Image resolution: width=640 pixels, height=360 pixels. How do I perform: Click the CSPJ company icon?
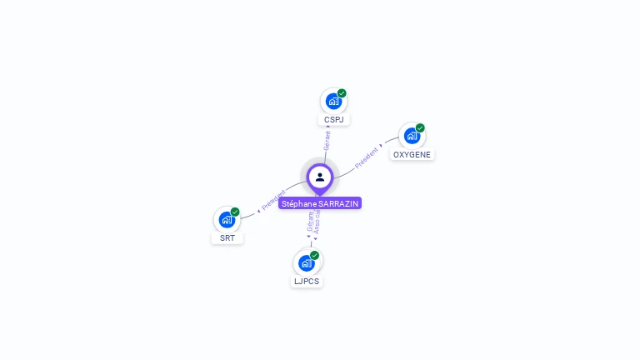333,102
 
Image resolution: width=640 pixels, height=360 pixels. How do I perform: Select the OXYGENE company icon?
412,136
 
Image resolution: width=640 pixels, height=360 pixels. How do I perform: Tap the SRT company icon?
227,220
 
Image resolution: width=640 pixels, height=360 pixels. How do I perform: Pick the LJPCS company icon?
307,263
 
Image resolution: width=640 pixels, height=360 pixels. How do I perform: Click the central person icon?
320,177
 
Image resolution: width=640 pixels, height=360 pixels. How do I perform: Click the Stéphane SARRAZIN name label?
320,203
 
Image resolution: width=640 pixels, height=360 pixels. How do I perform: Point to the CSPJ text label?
334,120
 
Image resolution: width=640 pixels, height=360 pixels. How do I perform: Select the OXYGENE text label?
412,155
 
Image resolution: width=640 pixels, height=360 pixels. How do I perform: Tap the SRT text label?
227,238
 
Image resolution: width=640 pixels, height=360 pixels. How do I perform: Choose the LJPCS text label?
307,282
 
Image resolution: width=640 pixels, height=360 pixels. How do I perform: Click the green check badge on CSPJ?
342,93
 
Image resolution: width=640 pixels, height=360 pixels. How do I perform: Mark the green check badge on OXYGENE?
420,127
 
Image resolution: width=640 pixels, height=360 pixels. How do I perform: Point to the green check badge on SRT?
235,212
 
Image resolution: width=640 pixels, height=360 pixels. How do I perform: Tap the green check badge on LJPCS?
314,255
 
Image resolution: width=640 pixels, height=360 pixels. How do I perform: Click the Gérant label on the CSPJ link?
327,140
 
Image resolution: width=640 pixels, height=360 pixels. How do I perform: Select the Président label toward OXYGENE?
367,157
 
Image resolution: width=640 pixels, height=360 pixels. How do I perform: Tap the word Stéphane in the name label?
299,203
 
